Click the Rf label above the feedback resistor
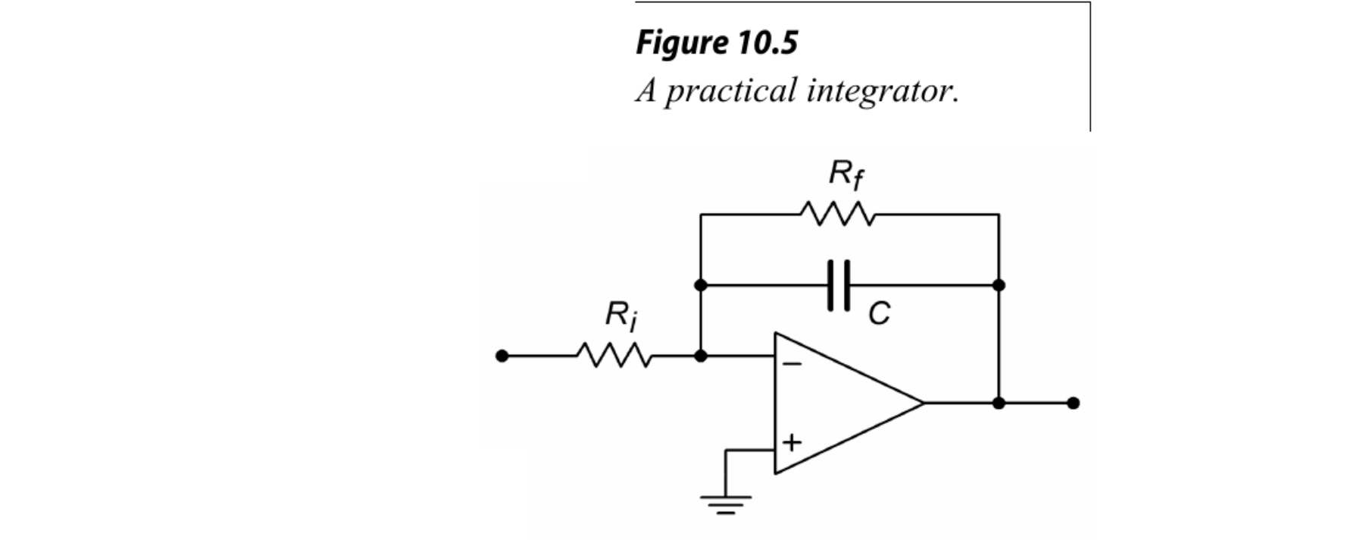(x=846, y=175)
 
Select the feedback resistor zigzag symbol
(x=837, y=215)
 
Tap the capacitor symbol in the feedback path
(x=839, y=285)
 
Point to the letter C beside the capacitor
(x=879, y=312)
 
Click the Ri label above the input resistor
(x=621, y=316)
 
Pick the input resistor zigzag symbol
(x=613, y=355)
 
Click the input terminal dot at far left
(x=502, y=355)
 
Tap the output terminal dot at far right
(x=1073, y=403)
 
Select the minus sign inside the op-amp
(x=792, y=364)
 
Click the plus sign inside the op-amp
(x=792, y=442)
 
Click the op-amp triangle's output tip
(x=922, y=403)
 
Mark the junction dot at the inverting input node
(x=701, y=355)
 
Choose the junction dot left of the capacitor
(x=701, y=285)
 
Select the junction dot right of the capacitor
(x=999, y=285)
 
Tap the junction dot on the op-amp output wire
(x=999, y=403)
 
